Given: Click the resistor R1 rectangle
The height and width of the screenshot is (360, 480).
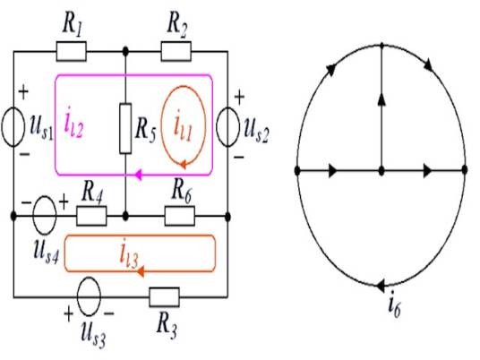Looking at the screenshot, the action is click(x=72, y=51).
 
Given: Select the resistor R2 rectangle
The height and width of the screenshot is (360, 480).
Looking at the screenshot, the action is click(x=176, y=51).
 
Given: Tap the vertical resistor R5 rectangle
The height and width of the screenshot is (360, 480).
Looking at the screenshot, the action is click(x=125, y=128).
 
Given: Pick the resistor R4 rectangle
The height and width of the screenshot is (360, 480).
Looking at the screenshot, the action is click(x=91, y=216).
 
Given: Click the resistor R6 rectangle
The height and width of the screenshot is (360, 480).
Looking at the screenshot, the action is click(x=180, y=216).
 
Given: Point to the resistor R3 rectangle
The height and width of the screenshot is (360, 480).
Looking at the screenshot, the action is click(x=165, y=297).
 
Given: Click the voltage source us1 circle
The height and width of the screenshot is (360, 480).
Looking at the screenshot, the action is click(x=13, y=127).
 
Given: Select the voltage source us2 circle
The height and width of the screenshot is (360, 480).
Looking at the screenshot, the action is click(x=228, y=127).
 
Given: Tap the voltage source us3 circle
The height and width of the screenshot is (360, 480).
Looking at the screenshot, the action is click(x=89, y=296).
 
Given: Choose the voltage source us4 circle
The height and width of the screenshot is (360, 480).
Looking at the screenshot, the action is click(x=45, y=215).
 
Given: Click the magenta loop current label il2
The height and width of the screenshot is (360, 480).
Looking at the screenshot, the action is click(x=73, y=126).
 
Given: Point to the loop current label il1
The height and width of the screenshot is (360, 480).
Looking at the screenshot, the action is click(x=183, y=128).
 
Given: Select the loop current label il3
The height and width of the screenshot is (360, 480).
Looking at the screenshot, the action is click(x=130, y=255).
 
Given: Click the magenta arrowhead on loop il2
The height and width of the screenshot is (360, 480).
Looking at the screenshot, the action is click(x=139, y=175).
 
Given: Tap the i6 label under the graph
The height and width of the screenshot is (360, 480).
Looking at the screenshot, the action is click(x=394, y=307).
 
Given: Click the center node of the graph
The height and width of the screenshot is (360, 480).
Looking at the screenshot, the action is click(x=381, y=171).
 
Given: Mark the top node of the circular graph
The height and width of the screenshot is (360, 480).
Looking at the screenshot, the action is click(x=381, y=46).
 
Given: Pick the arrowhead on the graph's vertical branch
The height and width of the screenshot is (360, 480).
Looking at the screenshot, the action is click(x=381, y=99).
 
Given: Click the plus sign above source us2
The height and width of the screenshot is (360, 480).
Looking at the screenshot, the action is click(x=240, y=97).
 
